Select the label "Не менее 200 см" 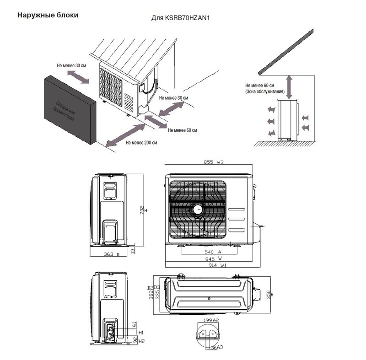coord(141,143)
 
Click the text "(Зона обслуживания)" coord(265,91)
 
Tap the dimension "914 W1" coord(210,265)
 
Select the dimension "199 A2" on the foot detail coord(210,320)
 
